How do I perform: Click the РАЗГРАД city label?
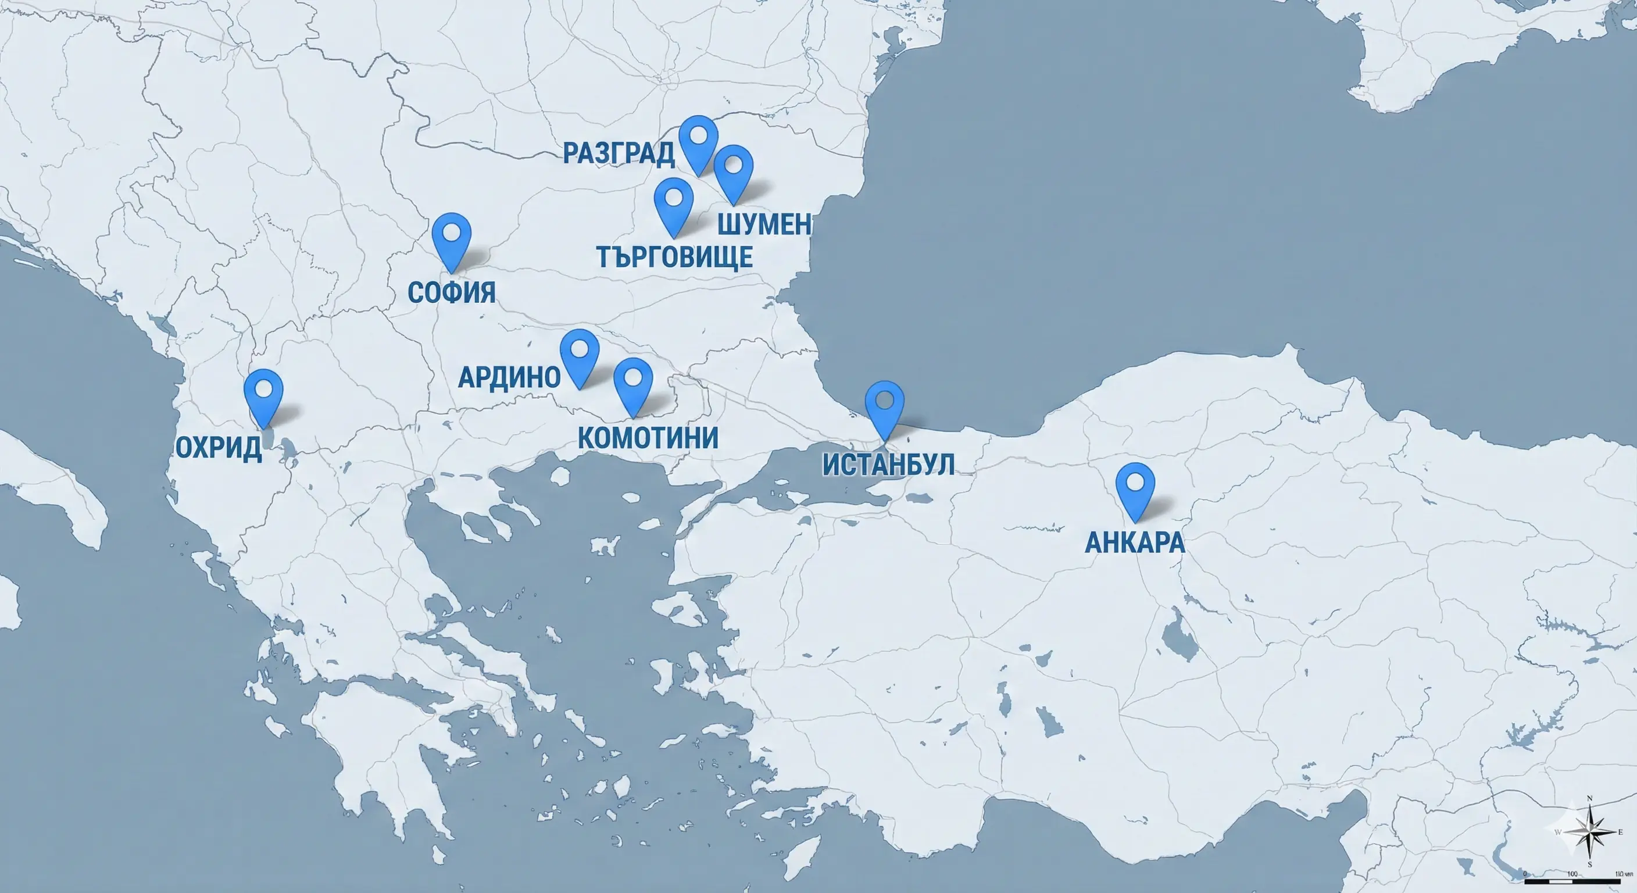tap(619, 153)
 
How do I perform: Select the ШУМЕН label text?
tap(764, 224)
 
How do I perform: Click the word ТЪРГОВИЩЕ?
tap(675, 257)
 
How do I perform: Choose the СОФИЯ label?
tap(451, 292)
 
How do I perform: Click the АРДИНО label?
tap(509, 377)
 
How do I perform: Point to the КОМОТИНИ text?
tap(648, 438)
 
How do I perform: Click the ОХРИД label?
tap(219, 448)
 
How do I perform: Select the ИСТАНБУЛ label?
tap(888, 465)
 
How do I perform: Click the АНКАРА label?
tap(1134, 542)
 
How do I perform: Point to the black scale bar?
tap(1572, 881)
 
